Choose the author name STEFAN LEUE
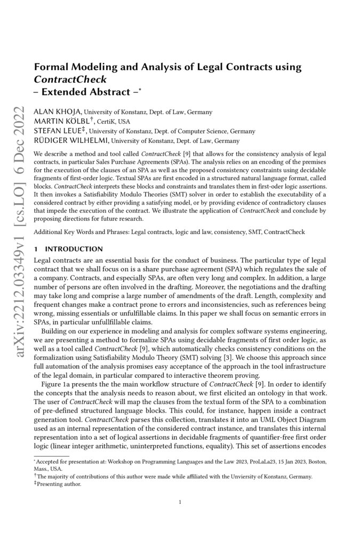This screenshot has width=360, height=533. (59, 131)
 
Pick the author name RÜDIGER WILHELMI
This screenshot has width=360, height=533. (69, 141)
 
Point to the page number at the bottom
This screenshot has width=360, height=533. (180, 502)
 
